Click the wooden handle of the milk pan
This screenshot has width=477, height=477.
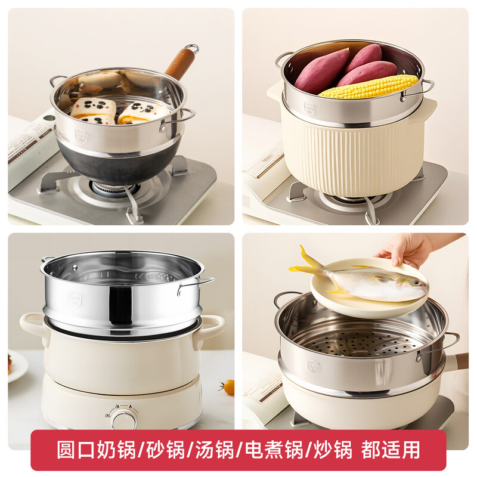(179, 64)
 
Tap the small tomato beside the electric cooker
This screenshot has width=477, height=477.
(228, 386)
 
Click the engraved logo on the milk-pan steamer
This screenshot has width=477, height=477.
(81, 137)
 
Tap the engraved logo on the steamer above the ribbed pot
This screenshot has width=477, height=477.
(309, 108)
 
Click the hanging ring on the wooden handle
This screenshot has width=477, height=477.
(191, 48)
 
